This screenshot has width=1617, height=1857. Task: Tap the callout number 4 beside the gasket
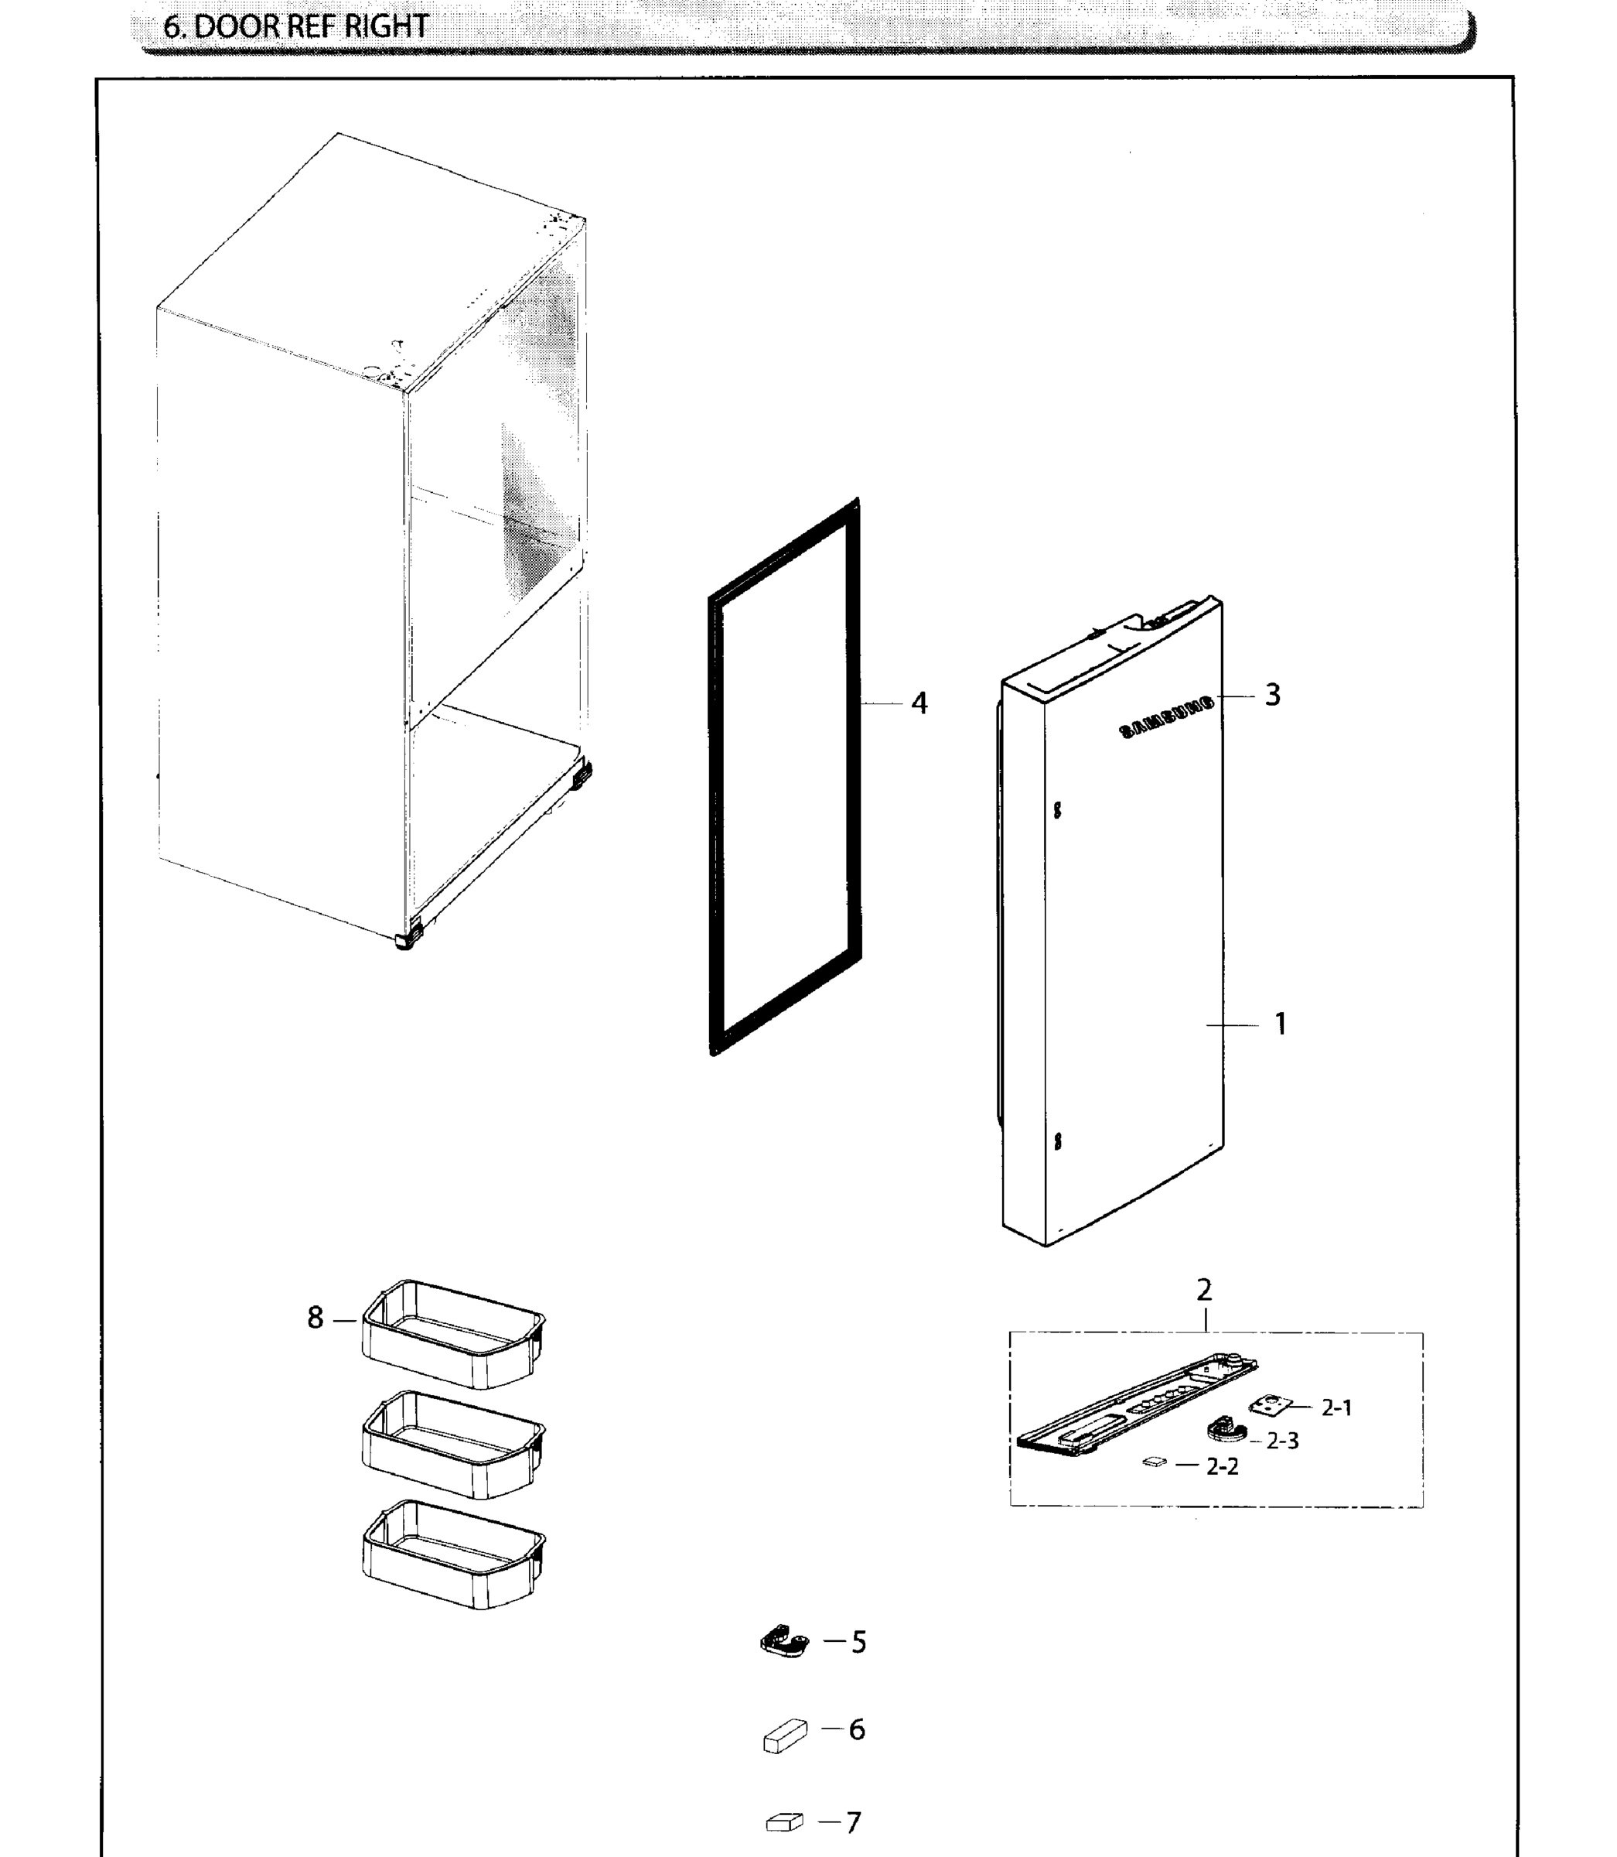[x=919, y=703]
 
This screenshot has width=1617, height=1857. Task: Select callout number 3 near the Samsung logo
[x=1272, y=694]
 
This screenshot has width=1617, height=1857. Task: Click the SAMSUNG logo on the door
[x=1167, y=719]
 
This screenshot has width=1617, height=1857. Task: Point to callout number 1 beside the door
[x=1280, y=1024]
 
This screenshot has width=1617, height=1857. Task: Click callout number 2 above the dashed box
[x=1204, y=1290]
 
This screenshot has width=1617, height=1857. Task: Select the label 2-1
[x=1336, y=1407]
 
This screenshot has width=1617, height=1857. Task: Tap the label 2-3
[x=1282, y=1441]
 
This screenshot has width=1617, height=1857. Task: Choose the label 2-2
[x=1223, y=1466]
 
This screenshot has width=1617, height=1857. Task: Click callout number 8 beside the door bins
[x=315, y=1318]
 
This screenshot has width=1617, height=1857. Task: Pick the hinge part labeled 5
[x=783, y=1641]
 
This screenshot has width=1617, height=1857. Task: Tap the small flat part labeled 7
[x=784, y=1823]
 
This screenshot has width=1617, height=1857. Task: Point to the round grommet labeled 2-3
[x=1226, y=1430]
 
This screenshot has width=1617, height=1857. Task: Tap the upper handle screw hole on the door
[x=1058, y=810]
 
